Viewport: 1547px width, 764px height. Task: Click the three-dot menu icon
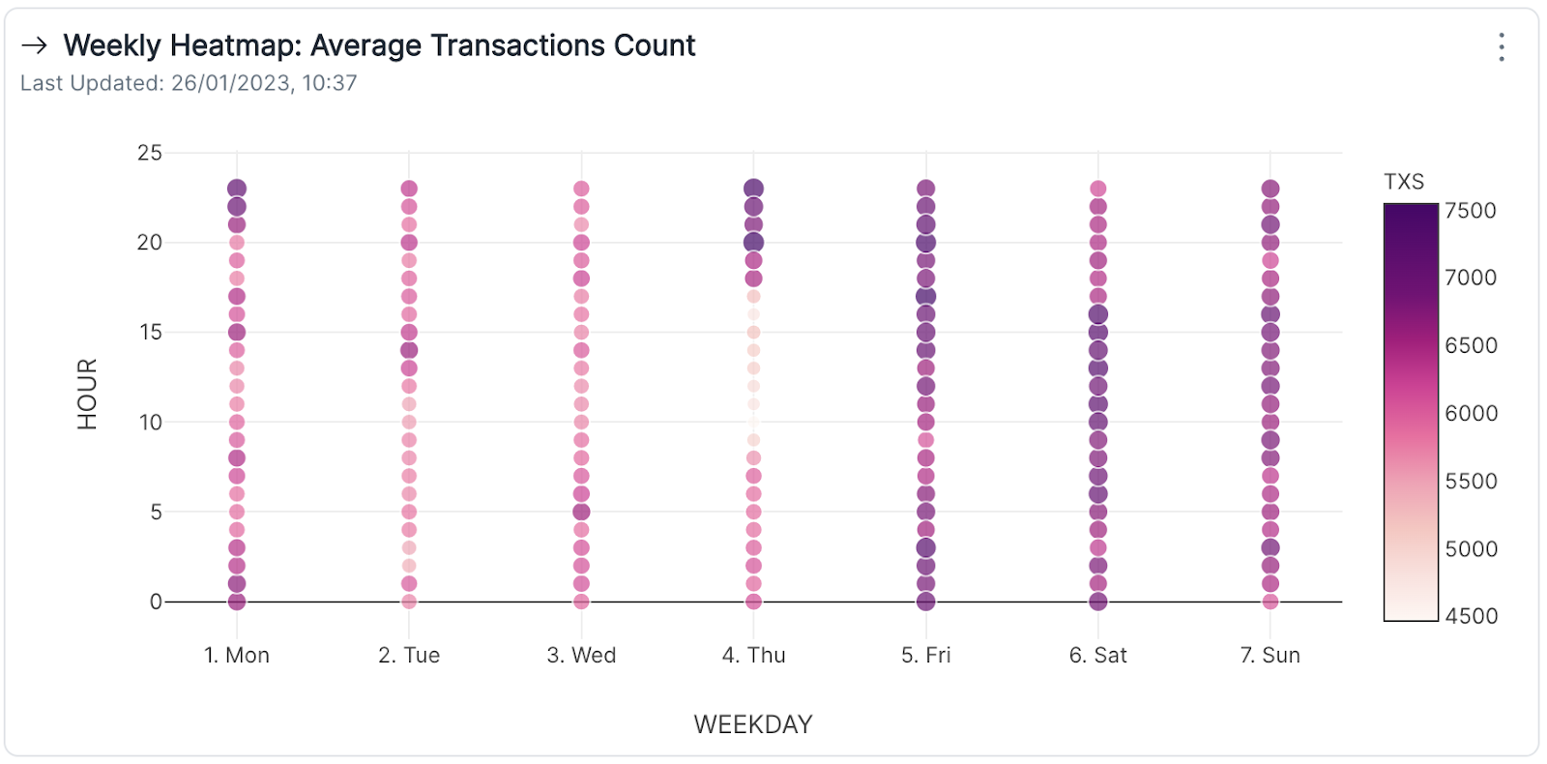[1501, 46]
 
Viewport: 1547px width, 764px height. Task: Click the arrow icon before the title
[35, 45]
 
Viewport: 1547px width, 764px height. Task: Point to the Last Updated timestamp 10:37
[330, 83]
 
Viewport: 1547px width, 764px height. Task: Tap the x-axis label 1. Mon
[237, 656]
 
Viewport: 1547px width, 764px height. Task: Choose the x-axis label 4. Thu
[754, 656]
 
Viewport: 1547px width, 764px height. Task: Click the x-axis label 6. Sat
[1098, 656]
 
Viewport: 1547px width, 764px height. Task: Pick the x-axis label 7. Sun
[1270, 656]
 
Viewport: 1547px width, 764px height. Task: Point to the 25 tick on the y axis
[150, 153]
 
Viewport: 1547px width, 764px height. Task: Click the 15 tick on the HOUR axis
[150, 333]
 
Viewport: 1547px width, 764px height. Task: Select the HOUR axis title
[88, 394]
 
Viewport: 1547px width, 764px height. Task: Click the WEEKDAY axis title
[753, 724]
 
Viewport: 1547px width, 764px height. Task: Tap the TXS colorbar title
[1404, 182]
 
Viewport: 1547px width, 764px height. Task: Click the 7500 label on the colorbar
[1471, 211]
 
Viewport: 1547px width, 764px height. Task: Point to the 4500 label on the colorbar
[1471, 616]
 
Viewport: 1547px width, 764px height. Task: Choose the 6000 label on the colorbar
[1471, 414]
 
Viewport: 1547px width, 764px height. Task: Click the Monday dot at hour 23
[237, 189]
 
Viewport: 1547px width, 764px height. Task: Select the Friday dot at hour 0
[926, 602]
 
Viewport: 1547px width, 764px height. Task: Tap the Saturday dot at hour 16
[1098, 314]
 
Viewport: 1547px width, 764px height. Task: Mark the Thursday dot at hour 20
[754, 243]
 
